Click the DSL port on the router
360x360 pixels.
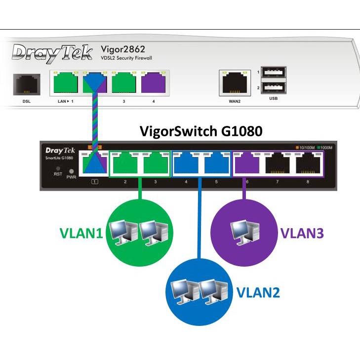[x=27, y=84]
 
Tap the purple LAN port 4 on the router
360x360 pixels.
[x=153, y=83]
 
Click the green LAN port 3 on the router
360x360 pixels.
[x=124, y=83]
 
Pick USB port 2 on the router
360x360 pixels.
[x=273, y=87]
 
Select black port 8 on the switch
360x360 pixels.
[x=308, y=163]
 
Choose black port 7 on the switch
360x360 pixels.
[x=278, y=163]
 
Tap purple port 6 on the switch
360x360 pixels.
[x=247, y=163]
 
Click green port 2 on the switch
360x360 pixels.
[x=125, y=163]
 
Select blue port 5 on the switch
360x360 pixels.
[x=216, y=163]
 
